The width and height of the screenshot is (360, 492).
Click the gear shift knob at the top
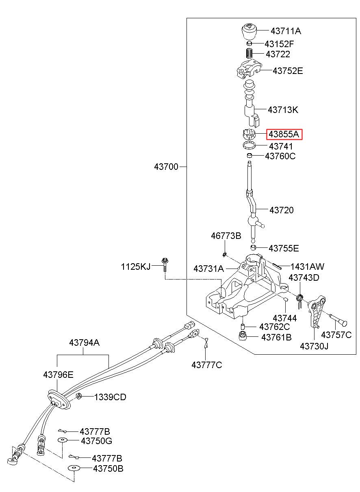pos(249,31)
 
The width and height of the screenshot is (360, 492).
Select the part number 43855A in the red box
pos(284,134)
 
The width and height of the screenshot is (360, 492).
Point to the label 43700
pos(166,167)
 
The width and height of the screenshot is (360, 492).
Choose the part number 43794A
pos(85,342)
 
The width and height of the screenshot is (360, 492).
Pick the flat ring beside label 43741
pos(249,145)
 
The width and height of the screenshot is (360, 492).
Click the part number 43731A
pos(209,269)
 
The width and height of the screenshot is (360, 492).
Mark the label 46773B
pos(226,236)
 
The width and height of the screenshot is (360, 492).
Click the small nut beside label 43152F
pos(249,43)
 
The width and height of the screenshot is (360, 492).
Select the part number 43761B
pos(276,337)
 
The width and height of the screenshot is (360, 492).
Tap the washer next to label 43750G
pos(63,440)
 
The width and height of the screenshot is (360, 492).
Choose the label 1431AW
pos(307,267)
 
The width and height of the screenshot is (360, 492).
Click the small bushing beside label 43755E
pos(254,247)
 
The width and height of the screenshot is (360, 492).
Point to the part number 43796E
pos(58,375)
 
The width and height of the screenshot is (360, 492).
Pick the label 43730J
pos(314,347)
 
